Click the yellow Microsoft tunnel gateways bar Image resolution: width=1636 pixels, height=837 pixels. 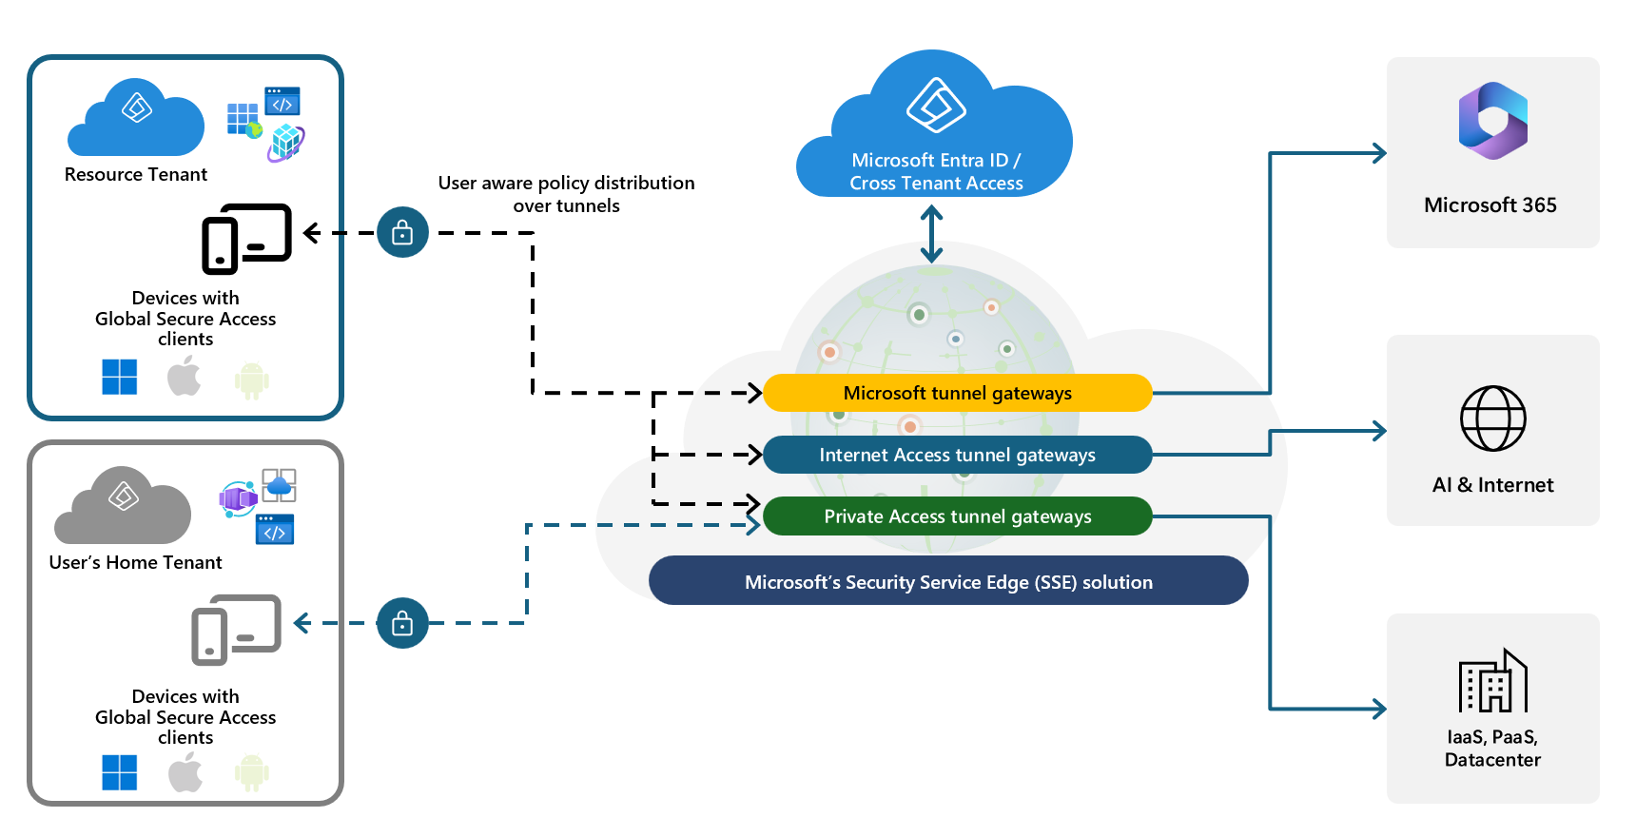[957, 393]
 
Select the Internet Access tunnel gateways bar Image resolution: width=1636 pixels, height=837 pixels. [957, 455]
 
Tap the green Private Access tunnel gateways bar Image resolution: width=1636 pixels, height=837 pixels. [957, 516]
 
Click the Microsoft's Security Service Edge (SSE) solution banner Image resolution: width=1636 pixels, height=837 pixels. [948, 581]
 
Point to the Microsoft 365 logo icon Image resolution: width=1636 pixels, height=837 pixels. [1493, 121]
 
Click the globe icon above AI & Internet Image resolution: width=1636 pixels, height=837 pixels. [1493, 418]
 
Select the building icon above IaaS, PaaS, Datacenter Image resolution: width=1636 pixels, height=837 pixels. [1493, 680]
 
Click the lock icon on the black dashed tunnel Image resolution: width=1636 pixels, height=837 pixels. [402, 232]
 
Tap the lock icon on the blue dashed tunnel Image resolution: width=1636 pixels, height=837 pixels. [402, 623]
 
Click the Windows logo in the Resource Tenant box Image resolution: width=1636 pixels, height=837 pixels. [120, 377]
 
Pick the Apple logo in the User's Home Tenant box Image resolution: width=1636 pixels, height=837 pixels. [185, 771]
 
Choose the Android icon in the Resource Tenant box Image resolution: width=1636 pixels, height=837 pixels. [252, 380]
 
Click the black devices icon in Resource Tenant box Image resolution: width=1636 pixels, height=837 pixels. [246, 239]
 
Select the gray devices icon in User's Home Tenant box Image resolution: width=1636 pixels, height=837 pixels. [236, 630]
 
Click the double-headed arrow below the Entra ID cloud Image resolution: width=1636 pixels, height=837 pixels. [932, 235]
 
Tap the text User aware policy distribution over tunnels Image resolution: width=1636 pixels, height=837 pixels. [567, 194]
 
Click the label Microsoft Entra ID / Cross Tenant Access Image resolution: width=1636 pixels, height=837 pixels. [937, 172]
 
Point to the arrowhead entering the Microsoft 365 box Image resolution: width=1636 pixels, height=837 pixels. [1378, 153]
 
